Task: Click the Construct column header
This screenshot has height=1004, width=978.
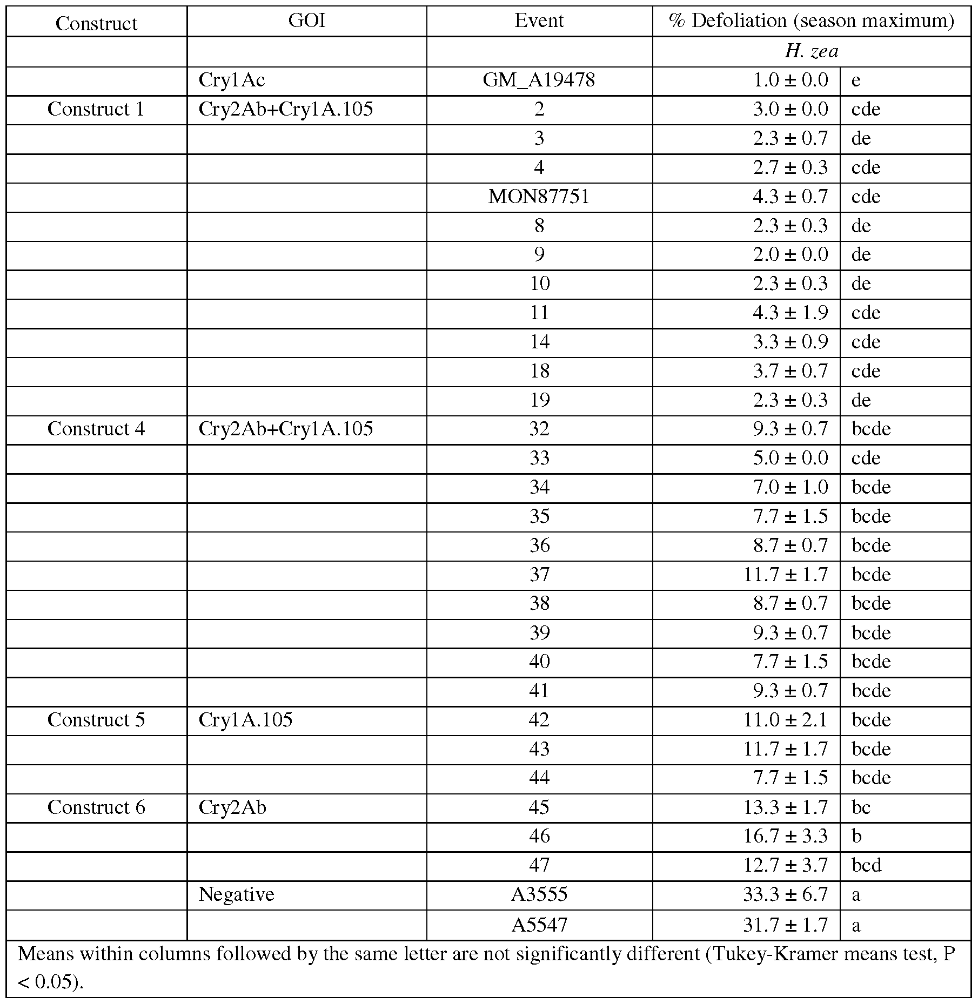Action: point(96,23)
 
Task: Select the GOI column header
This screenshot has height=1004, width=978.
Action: point(306,21)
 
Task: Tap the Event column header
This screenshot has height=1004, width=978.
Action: point(539,21)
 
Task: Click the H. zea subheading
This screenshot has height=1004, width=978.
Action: point(811,51)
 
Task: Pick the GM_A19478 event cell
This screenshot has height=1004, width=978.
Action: point(539,80)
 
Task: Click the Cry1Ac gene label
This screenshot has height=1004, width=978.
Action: point(232,80)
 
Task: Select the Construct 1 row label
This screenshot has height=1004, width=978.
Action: point(96,109)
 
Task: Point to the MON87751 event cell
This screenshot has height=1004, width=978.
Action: point(539,197)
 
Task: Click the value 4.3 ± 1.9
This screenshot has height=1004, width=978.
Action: point(790,313)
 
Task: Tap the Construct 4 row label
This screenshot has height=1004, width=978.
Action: point(96,429)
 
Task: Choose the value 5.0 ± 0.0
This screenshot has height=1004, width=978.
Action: point(790,458)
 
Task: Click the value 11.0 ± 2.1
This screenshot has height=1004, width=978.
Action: point(785,720)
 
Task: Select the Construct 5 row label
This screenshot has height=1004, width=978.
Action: point(96,720)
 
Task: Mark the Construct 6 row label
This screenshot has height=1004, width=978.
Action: point(96,807)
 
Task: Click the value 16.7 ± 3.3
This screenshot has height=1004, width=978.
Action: point(785,837)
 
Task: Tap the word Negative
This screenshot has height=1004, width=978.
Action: point(236,895)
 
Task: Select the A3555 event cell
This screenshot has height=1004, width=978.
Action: point(539,895)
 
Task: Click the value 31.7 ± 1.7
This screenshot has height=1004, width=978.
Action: point(785,926)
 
